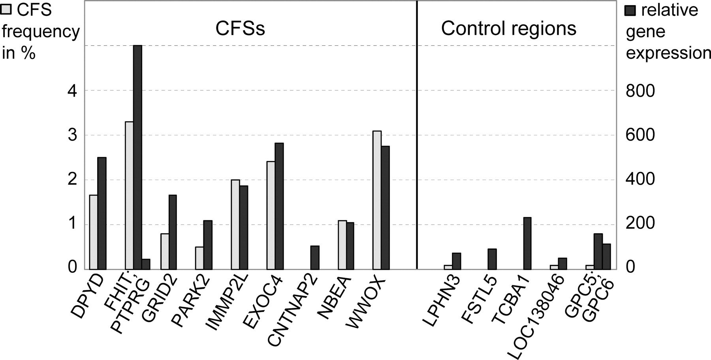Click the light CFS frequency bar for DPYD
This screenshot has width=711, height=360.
click(94, 232)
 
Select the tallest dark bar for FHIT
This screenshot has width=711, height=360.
click(137, 157)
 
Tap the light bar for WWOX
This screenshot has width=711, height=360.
click(377, 200)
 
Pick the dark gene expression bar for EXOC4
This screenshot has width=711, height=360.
click(279, 206)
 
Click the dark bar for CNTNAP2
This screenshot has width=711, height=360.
click(315, 258)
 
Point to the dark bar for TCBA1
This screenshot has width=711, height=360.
click(527, 244)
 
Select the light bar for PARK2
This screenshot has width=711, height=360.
click(200, 258)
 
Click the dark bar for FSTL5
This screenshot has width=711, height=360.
click(492, 259)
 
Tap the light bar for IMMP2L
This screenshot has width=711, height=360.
click(235, 225)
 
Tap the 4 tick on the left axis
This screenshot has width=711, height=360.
click(71, 91)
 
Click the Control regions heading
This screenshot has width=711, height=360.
click(509, 28)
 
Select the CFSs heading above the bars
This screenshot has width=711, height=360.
click(240, 28)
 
